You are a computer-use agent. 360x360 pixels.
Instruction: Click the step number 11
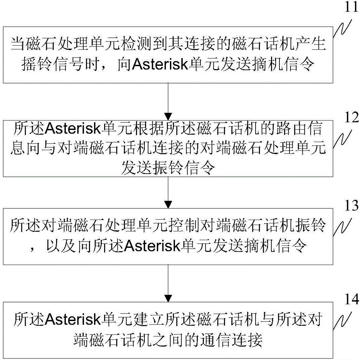(346, 8)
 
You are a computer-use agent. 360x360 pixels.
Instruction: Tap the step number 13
(346, 205)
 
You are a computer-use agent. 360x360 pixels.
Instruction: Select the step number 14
(346, 298)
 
